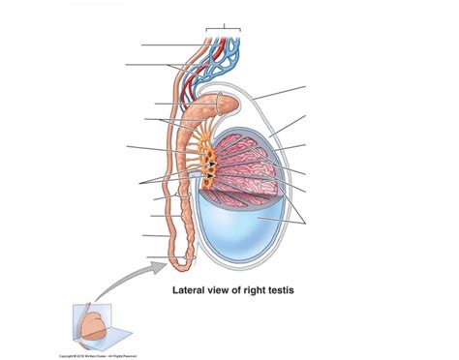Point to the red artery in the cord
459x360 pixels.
(x=199, y=68)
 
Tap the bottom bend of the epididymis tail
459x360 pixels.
(x=190, y=259)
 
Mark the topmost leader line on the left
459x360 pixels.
(x=170, y=45)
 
